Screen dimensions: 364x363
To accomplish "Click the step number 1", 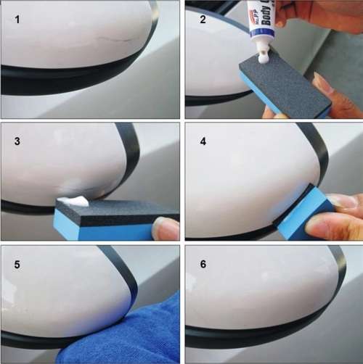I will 17,17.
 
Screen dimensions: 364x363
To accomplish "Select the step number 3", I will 16,138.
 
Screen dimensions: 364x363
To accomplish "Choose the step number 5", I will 16,259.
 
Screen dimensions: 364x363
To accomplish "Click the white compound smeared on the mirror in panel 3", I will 73,199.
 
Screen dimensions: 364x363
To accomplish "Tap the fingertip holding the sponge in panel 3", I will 166,228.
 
